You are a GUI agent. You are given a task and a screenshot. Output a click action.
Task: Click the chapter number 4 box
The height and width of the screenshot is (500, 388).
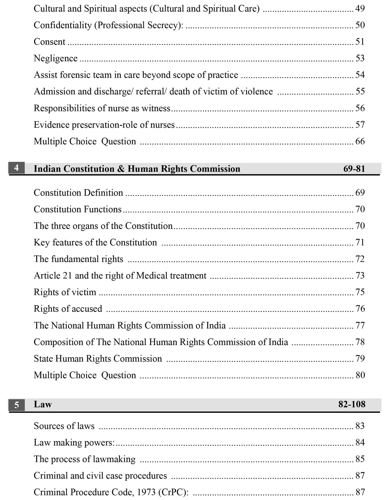[x=16, y=168]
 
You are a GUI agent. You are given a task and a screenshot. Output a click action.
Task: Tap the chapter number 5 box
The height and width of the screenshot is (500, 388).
[x=16, y=405]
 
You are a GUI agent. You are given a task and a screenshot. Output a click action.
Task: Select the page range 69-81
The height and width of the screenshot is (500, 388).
[x=354, y=169]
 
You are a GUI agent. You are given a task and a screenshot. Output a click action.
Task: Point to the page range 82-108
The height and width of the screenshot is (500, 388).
[x=352, y=404]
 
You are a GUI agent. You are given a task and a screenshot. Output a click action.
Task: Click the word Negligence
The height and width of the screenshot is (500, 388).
[x=56, y=58]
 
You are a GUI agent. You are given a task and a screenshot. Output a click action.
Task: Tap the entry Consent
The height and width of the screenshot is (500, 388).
[x=49, y=42]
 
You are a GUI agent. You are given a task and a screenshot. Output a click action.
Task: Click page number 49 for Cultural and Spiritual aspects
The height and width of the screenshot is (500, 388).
[x=360, y=9]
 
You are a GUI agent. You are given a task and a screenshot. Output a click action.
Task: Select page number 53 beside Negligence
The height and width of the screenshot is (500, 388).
[x=360, y=58]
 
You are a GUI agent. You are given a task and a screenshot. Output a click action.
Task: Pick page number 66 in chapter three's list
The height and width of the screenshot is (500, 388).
[x=360, y=141]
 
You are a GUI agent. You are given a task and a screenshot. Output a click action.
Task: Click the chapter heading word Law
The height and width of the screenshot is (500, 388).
[x=43, y=404]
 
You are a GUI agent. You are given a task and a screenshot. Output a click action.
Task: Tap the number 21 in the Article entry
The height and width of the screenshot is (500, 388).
[x=67, y=275]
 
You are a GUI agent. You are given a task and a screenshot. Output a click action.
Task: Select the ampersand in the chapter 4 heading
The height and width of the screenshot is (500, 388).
[x=121, y=169]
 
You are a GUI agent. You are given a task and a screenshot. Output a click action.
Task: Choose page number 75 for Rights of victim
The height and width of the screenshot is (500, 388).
[x=360, y=292]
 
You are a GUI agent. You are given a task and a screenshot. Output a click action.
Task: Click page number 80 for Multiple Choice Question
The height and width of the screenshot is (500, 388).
[x=360, y=375]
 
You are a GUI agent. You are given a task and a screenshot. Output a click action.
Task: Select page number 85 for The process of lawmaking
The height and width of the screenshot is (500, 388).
[x=360, y=459]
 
